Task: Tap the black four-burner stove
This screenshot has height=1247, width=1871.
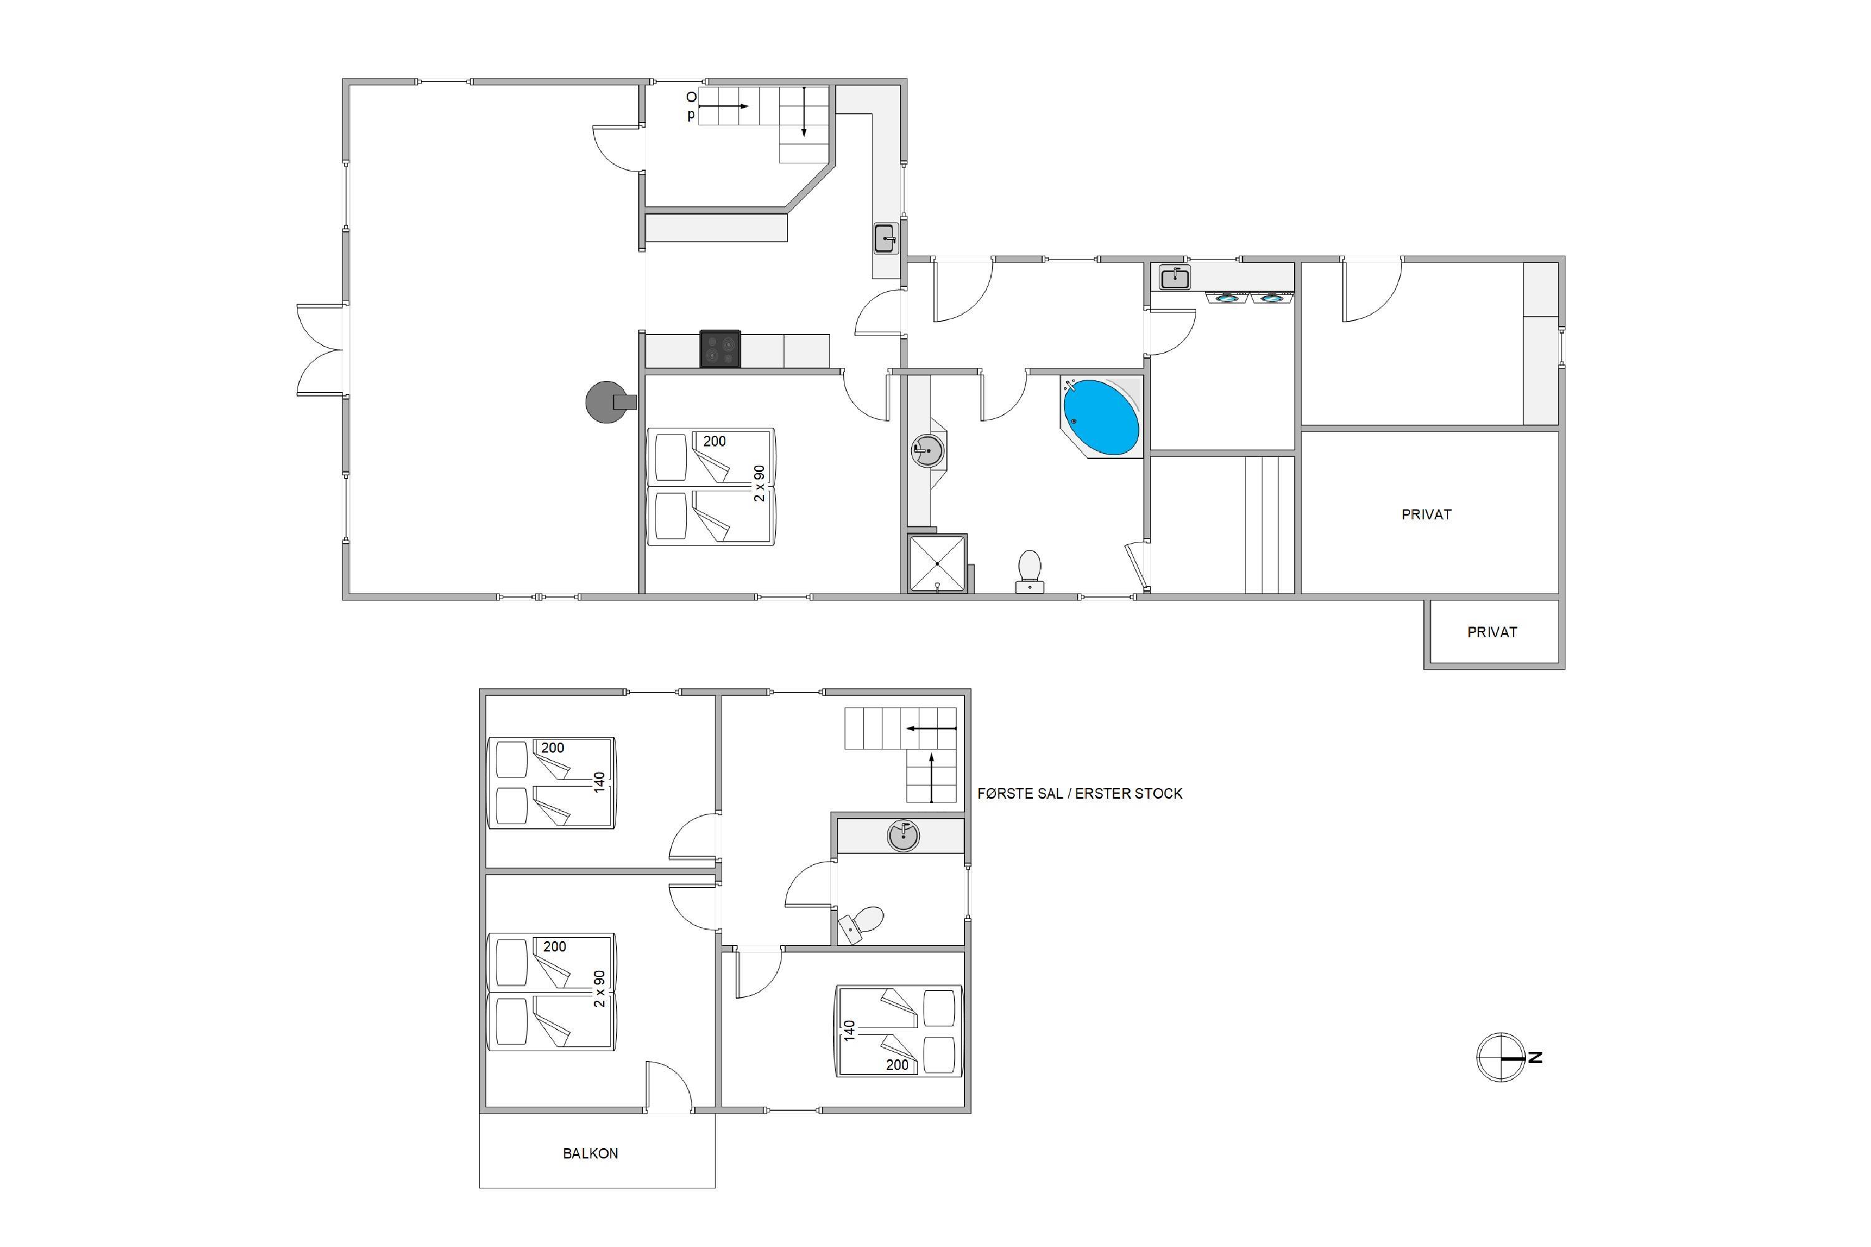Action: tap(720, 349)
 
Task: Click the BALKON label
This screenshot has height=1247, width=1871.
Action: tap(590, 1153)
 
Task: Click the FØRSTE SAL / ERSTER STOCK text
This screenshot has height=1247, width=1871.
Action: tap(1080, 794)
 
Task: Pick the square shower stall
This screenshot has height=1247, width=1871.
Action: tap(938, 564)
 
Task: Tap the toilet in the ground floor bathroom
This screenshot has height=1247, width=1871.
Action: tap(1030, 571)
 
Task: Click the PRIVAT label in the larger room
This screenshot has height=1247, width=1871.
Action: tap(1426, 514)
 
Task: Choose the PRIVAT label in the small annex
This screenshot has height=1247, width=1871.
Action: tap(1492, 632)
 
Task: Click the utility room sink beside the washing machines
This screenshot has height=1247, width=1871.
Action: tap(1175, 277)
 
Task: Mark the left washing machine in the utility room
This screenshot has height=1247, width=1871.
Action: tap(1227, 298)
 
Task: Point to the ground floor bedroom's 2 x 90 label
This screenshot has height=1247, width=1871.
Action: tap(760, 484)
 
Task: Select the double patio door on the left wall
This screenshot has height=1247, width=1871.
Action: tap(321, 350)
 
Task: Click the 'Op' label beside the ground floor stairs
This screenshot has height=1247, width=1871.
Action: tap(691, 106)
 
